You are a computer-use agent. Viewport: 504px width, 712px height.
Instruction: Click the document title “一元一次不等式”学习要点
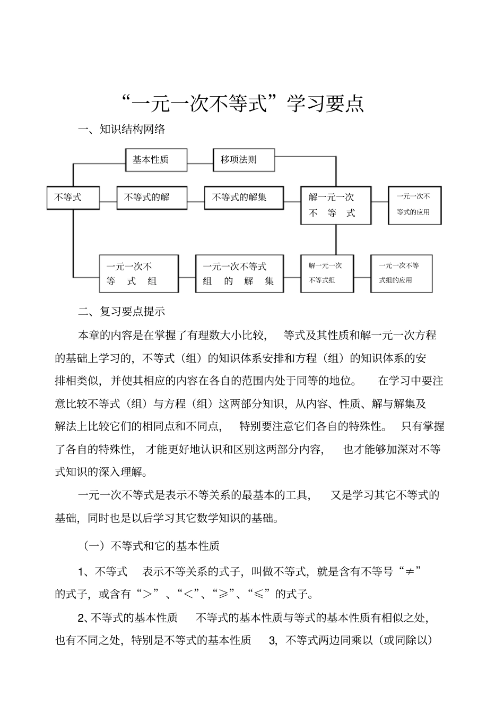(x=242, y=104)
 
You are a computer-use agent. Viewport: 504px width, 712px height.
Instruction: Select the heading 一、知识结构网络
(x=121, y=129)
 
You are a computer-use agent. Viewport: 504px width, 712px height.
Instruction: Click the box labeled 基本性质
(x=156, y=160)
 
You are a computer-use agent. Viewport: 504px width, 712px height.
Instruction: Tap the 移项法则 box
(x=244, y=160)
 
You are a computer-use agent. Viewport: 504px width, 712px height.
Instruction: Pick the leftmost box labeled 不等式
(x=73, y=198)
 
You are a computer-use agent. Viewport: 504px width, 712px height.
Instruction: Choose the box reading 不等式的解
(x=151, y=198)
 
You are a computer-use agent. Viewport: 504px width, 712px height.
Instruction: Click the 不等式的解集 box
(x=244, y=198)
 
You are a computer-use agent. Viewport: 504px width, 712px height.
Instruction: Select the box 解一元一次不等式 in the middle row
(x=335, y=205)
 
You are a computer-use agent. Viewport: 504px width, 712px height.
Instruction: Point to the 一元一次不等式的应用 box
(x=414, y=204)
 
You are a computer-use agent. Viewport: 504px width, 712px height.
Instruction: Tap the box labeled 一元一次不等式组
(x=138, y=273)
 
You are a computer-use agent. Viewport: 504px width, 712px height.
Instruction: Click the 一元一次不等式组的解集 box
(x=239, y=273)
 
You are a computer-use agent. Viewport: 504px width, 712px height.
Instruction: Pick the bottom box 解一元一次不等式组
(x=327, y=273)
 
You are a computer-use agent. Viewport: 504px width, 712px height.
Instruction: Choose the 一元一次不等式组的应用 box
(x=401, y=273)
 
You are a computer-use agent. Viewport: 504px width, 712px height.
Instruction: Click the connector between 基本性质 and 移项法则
(x=200, y=164)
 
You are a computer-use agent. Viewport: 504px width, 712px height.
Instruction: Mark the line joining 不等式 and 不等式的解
(x=108, y=202)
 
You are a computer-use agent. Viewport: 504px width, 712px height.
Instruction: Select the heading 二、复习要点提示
(x=121, y=312)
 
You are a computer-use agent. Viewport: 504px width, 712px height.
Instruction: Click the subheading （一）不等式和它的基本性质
(x=151, y=546)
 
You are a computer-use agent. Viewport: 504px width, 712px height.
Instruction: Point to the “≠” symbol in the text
(x=410, y=571)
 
